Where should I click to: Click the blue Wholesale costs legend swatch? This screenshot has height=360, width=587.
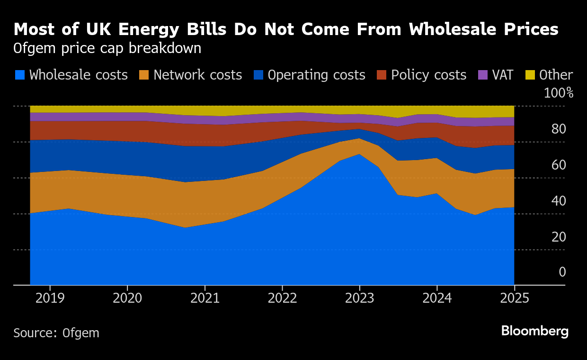pos(20,75)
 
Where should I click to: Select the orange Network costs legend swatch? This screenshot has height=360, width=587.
pos(144,75)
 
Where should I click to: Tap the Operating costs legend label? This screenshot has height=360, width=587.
pos(316,75)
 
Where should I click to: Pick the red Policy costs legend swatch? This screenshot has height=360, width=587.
pos(382,75)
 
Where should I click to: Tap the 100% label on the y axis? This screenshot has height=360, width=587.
pos(559,93)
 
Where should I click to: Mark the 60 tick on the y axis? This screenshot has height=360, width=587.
pos(559,165)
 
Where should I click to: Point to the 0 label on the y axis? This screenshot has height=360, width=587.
pos(562,272)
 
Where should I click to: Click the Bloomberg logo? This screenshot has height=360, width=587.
pos(534,331)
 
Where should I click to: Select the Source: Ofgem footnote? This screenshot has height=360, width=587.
pos(56,333)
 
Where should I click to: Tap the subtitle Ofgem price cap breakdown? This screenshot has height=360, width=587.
pos(107,49)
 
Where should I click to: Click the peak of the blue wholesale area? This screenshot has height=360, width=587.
pos(359,154)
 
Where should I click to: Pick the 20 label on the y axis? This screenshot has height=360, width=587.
pos(559,237)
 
